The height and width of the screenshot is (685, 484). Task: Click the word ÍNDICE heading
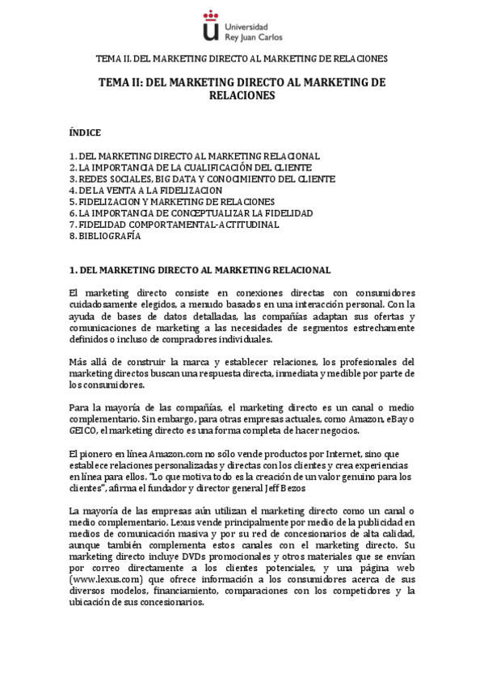pyautogui.click(x=85, y=131)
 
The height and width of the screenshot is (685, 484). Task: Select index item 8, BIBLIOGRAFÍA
pyautogui.click(x=105, y=237)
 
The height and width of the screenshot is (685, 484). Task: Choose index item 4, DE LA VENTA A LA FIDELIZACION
pyautogui.click(x=145, y=190)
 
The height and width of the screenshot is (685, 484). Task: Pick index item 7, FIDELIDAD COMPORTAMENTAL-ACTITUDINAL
pyautogui.click(x=174, y=225)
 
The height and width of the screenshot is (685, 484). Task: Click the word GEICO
pyautogui.click(x=82, y=430)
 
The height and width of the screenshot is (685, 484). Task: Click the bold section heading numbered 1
pyautogui.click(x=200, y=269)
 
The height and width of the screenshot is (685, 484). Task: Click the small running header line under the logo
pyautogui.click(x=242, y=58)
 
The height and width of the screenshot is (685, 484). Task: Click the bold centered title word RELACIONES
pyautogui.click(x=242, y=95)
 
